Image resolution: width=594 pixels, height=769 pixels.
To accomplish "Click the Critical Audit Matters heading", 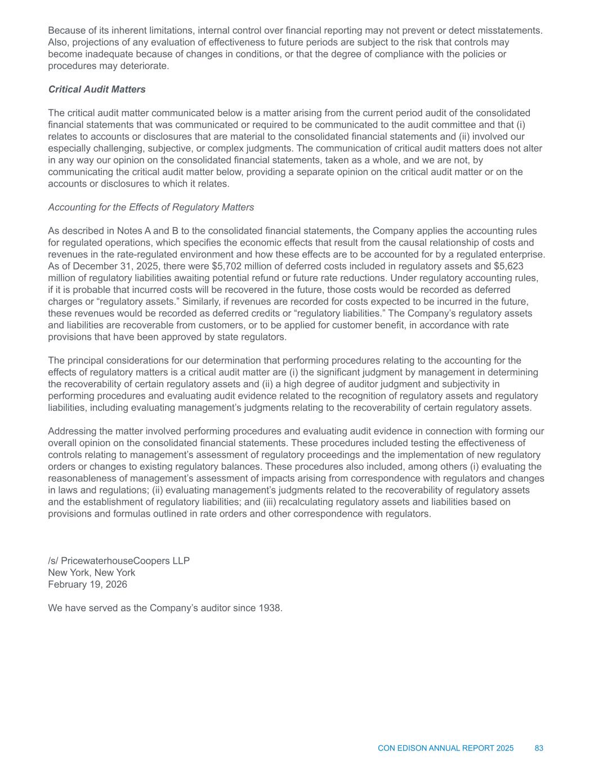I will (x=97, y=90).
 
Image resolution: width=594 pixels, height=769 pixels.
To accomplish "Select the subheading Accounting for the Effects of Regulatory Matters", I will (x=151, y=207).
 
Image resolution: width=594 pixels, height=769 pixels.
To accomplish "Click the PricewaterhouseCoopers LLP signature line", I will (x=119, y=561).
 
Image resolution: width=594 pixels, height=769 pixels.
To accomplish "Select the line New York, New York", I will (x=92, y=572).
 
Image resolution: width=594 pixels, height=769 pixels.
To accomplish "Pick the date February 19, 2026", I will (x=88, y=584).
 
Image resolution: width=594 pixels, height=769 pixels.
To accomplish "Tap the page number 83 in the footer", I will (x=539, y=748).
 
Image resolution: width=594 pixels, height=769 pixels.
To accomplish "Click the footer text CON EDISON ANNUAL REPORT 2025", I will (x=445, y=748).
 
